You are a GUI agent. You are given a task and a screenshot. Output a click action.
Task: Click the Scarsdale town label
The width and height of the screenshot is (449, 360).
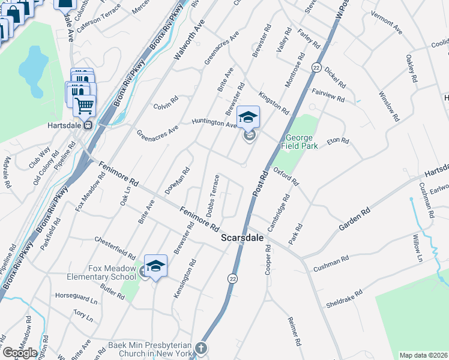(243, 238)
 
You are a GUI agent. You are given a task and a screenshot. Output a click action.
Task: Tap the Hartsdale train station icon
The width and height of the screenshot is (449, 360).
(88, 125)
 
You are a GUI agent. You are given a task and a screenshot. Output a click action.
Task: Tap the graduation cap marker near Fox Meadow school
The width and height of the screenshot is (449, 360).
(155, 266)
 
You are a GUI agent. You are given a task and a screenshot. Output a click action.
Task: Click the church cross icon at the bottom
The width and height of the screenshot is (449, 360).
(202, 347)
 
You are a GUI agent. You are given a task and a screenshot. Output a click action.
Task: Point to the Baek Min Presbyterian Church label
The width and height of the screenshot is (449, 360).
(149, 350)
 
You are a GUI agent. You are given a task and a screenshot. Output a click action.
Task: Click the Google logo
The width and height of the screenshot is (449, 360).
(19, 353)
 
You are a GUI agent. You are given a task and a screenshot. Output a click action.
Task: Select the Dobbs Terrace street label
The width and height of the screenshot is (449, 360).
(212, 197)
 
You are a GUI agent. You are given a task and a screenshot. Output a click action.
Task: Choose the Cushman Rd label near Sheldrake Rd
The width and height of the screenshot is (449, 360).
(331, 264)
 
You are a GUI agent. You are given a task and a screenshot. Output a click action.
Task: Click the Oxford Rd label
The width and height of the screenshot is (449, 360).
(286, 176)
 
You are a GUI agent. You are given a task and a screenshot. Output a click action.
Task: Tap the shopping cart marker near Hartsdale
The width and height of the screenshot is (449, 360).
(85, 106)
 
